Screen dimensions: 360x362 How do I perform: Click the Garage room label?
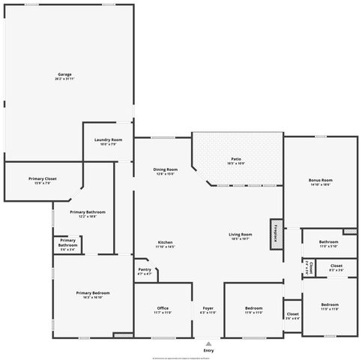click(64, 76)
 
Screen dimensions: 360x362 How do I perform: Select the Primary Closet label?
click(43, 180)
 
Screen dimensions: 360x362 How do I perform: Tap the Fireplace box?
click(276, 232)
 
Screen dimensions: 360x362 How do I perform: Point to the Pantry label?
click(145, 272)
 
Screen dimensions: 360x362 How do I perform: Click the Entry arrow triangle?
click(208, 343)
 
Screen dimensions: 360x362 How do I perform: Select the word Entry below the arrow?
click(208, 350)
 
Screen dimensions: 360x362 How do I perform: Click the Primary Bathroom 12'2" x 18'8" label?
click(88, 214)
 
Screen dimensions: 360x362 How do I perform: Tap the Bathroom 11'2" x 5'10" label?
click(328, 244)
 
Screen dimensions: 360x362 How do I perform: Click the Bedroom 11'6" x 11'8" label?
click(330, 307)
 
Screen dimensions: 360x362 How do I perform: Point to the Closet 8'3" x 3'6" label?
click(337, 268)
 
